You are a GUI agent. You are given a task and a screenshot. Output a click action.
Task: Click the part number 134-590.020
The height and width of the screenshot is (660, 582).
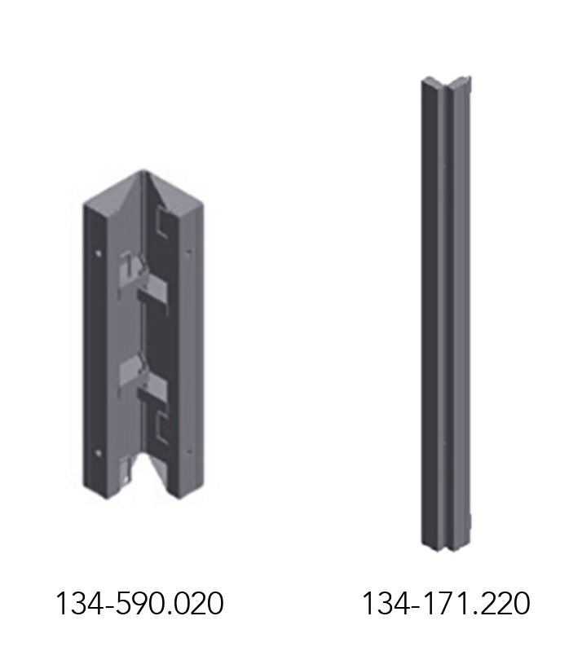(x=139, y=603)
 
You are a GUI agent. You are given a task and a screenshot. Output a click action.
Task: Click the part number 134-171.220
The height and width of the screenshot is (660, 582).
(x=446, y=603)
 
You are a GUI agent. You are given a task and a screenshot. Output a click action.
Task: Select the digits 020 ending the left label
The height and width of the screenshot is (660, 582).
(x=198, y=603)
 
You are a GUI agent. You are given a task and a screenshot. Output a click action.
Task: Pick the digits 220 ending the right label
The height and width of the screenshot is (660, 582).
(x=504, y=603)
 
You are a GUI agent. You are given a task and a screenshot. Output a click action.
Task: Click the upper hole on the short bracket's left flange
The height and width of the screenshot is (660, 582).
(x=98, y=253)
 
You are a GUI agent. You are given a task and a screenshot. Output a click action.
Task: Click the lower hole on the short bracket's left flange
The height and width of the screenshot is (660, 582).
(x=99, y=453)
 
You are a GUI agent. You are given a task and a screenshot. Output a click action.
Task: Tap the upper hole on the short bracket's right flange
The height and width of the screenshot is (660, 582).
(x=189, y=252)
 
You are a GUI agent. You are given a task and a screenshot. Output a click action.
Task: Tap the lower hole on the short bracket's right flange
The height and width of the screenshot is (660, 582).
(x=189, y=451)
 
